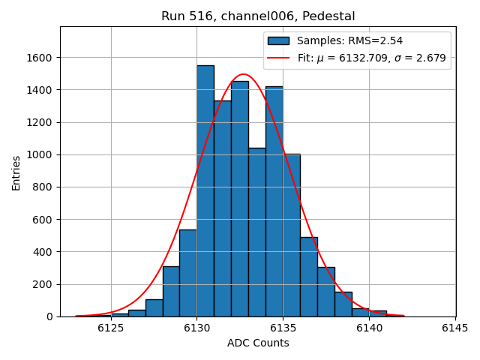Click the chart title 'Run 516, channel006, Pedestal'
tap(258, 16)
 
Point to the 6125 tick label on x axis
tap(111, 328)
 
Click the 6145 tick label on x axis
tap(455, 328)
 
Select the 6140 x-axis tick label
tap(369, 328)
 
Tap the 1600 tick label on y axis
tap(39, 58)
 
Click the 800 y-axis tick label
tap(42, 187)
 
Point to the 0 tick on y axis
tap(49, 316)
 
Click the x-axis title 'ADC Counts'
tap(258, 343)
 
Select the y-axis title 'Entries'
tap(16, 172)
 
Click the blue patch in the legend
tap(278, 40)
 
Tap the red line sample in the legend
tap(278, 58)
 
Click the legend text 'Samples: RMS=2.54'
tap(349, 40)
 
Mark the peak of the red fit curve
tap(243, 74)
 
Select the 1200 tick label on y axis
tap(39, 122)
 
